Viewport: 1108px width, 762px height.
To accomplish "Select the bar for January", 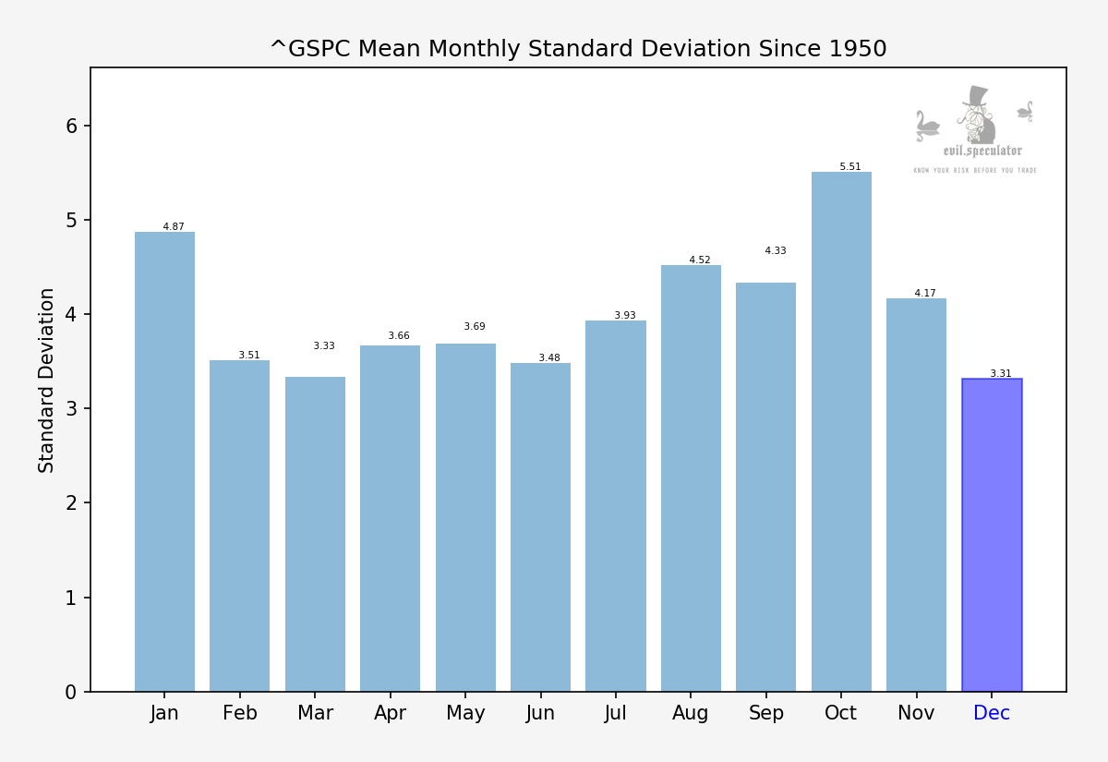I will (x=164, y=462).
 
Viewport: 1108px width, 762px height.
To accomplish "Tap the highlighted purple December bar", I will (x=992, y=536).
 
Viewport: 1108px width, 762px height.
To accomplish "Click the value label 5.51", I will (x=849, y=167).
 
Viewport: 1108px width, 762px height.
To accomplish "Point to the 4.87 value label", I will (x=174, y=227).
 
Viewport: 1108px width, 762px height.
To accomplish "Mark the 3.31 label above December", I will (x=1001, y=374).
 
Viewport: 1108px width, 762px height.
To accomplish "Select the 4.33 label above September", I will (x=776, y=251).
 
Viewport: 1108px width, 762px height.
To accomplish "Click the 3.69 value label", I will (x=475, y=327).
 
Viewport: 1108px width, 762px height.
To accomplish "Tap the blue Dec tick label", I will (x=992, y=714).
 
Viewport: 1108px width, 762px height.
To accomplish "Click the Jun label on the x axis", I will (x=540, y=714).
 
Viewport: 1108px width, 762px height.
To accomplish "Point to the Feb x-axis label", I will (x=240, y=714).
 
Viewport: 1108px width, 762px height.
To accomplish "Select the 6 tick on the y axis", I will (x=71, y=126).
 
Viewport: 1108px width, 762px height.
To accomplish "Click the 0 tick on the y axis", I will (x=71, y=692).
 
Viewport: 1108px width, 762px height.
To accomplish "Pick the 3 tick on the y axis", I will (x=71, y=409).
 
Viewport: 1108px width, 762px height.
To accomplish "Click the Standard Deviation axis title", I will (x=47, y=380).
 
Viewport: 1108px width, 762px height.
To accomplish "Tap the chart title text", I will (x=578, y=49).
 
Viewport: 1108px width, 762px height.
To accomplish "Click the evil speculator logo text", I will (x=982, y=151).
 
